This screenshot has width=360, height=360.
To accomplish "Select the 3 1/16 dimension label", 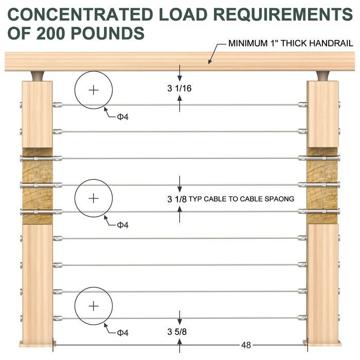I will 179,88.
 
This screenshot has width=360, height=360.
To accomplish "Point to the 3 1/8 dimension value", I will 177,199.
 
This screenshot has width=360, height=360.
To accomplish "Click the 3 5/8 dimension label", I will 179,332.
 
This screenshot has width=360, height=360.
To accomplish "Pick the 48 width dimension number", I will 246,345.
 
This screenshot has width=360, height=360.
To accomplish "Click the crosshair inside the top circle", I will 94,91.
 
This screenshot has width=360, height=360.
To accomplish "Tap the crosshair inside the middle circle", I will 94,198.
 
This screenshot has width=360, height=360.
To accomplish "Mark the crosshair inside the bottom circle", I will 94,307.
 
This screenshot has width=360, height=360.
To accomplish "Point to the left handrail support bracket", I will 38,76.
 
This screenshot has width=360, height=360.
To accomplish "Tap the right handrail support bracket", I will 323,76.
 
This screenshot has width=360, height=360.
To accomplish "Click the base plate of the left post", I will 37,343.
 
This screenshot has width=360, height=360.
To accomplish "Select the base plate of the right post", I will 322,343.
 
